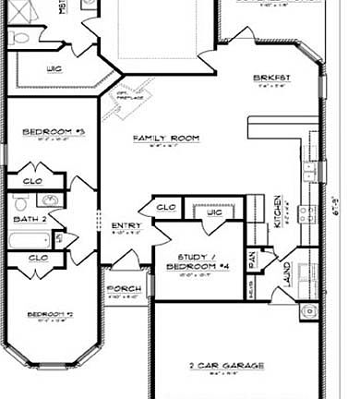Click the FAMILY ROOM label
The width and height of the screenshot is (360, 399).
tap(166, 139)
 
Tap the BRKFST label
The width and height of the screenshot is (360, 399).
tap(272, 78)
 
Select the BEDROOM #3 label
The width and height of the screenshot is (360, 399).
tap(41, 132)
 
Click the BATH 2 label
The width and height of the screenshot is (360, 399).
tap(30, 219)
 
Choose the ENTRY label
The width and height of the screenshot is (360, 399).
tap(126, 225)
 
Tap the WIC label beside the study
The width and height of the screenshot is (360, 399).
tap(214, 213)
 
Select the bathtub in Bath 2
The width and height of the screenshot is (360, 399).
tap(27, 242)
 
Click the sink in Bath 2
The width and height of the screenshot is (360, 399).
tap(49, 200)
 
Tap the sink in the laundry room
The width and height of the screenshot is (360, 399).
tap(308, 310)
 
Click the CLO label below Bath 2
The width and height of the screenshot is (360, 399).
tap(38, 258)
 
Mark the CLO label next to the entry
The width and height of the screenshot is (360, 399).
tap(167, 207)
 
